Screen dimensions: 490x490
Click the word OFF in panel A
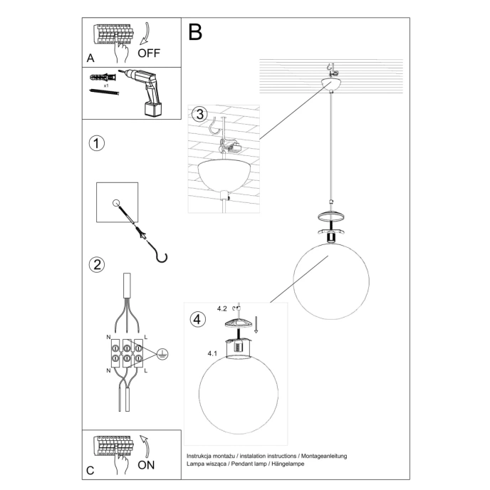(150, 52)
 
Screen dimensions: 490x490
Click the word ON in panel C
(147, 466)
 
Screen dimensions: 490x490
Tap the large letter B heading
(195, 31)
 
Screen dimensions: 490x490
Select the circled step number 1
(97, 142)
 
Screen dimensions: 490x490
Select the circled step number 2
(97, 264)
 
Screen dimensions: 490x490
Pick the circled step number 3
(199, 114)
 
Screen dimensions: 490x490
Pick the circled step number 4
(197, 318)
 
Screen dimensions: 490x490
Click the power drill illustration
(146, 89)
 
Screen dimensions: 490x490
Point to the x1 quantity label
(105, 85)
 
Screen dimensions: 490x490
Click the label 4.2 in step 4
(222, 309)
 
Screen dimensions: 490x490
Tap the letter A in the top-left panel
(89, 56)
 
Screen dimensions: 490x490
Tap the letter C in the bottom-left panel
(90, 470)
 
